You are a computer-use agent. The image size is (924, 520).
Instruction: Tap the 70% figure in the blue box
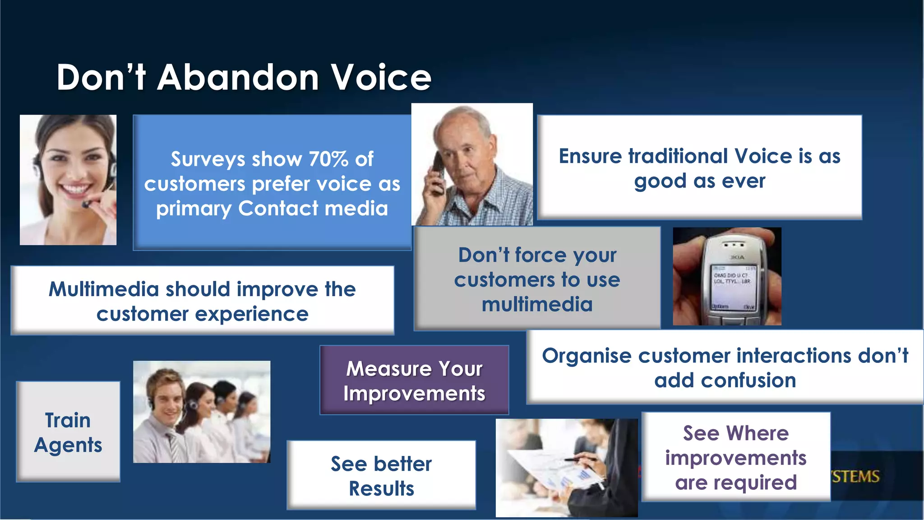tap(328, 159)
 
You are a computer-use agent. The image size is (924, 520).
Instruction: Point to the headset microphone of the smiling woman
tap(86, 204)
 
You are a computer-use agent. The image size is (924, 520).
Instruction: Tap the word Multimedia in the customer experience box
tap(103, 289)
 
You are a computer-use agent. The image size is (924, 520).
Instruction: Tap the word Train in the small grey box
tap(68, 421)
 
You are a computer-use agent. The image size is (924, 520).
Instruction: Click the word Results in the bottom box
tap(381, 489)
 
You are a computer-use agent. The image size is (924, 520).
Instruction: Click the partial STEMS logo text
tap(855, 477)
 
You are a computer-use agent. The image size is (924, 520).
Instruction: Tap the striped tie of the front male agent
tap(173, 445)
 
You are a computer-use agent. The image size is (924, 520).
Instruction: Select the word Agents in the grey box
tap(68, 446)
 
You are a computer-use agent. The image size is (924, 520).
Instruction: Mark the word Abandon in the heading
tap(238, 78)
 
